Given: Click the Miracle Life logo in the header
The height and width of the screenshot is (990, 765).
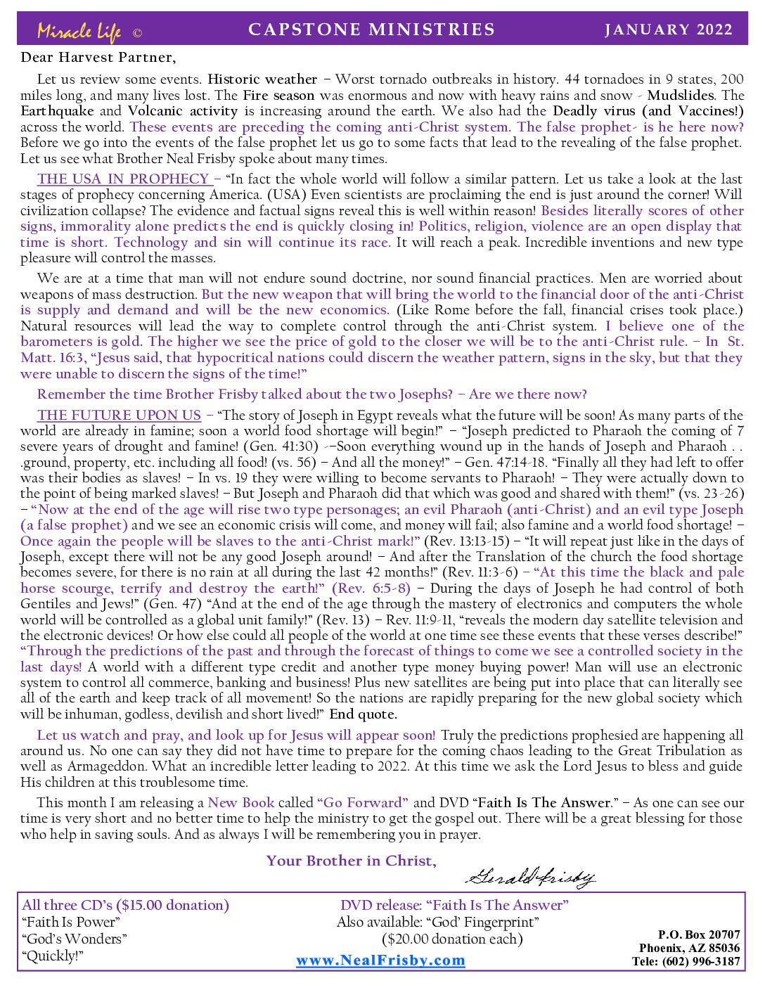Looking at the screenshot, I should coord(79,31).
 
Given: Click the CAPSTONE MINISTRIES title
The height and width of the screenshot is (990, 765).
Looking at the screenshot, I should coord(372,30).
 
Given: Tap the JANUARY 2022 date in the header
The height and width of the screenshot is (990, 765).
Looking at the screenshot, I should coord(668,30).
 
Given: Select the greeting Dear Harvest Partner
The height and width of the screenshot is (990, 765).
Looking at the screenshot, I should coord(98,57).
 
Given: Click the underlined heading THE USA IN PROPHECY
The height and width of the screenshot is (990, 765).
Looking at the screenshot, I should coord(124,179).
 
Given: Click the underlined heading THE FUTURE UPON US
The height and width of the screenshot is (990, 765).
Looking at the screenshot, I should coord(120,415).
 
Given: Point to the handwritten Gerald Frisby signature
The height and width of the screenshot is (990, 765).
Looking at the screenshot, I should coord(530,876).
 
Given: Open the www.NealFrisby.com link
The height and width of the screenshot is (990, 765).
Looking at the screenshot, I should coord(380,960).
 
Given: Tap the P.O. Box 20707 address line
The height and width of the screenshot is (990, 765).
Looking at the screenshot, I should coord(699,934).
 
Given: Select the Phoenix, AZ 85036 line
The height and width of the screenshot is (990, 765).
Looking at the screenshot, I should coord(689,948).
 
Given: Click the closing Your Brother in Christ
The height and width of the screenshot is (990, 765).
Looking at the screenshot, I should coord(351,861).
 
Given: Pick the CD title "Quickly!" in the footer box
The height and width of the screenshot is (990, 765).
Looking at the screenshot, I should coord(53,956).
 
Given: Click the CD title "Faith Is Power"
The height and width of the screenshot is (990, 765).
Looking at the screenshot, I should coord(71,922).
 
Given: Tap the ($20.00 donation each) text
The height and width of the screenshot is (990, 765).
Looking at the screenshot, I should coord(452,939).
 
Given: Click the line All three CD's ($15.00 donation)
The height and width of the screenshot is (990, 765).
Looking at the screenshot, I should coord(125,905).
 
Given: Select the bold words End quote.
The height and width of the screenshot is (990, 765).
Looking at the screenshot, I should coord(364,714).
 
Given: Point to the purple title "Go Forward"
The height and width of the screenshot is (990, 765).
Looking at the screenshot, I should coord(363,802).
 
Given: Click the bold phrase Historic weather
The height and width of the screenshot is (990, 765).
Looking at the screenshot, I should coord(262,79).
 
